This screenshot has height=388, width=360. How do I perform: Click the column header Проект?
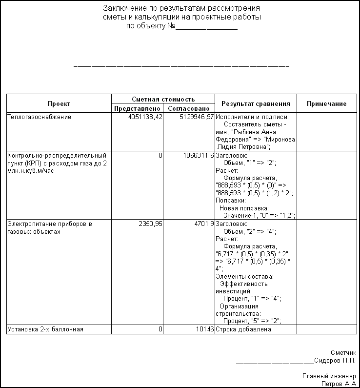[x=59, y=103]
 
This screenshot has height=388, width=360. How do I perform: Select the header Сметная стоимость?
[x=163, y=99]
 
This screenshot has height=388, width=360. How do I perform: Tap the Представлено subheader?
[x=137, y=108]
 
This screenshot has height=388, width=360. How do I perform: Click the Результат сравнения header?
[x=256, y=103]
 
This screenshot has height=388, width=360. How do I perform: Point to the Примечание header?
[x=326, y=103]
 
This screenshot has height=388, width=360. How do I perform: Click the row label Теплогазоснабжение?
[x=39, y=117]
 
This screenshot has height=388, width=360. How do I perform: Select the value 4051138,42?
[x=145, y=117]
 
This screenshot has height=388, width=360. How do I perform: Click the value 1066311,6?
[x=199, y=155]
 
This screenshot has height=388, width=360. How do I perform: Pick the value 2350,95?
[x=152, y=224]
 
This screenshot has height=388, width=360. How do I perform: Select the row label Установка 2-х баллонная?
[x=45, y=329]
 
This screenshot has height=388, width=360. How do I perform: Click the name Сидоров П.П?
[x=335, y=361]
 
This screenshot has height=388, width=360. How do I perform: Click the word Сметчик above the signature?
[x=343, y=353]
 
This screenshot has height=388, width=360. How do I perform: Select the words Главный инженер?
[x=329, y=376]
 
